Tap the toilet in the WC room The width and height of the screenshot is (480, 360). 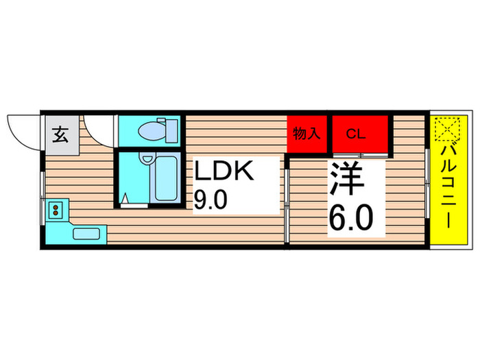click(152, 129)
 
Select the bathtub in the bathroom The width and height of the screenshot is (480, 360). click(164, 179)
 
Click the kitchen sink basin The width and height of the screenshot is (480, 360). click(86, 233)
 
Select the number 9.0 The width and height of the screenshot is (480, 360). click(211, 201)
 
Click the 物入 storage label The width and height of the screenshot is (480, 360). click(307, 134)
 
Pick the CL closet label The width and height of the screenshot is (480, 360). click(356, 134)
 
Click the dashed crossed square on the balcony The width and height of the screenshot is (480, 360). click(446, 129)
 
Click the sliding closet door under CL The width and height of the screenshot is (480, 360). click(362, 156)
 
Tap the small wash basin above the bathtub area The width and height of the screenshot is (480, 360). click(146, 159)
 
